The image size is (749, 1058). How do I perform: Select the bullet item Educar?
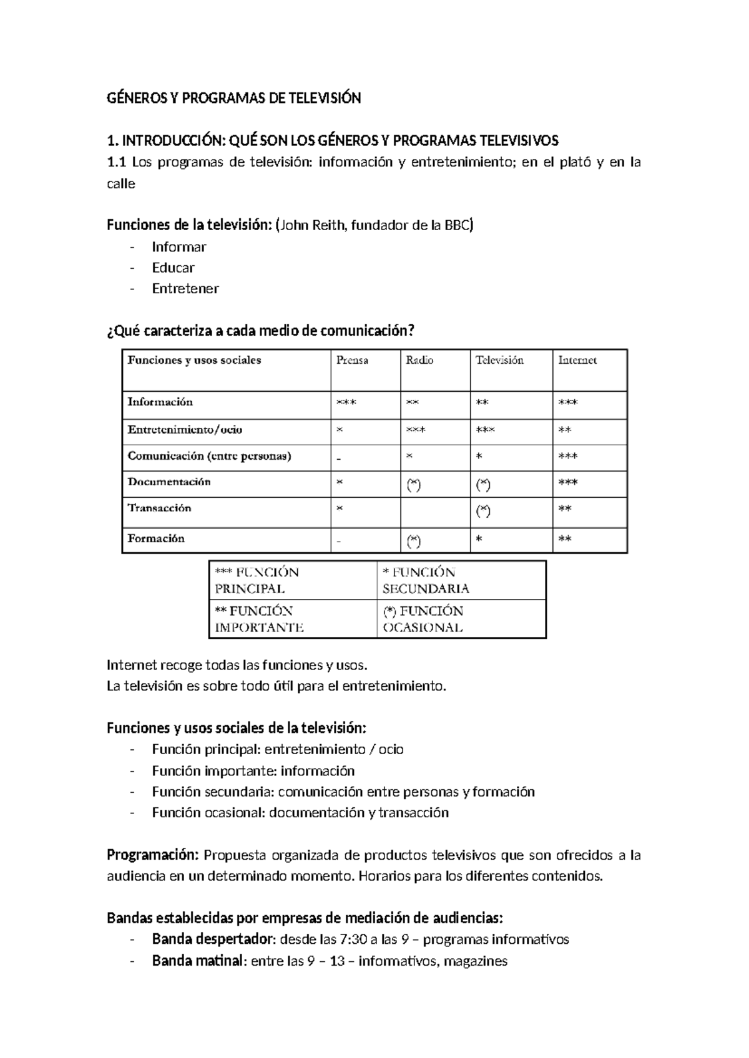(x=173, y=268)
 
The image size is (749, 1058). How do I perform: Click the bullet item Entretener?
(x=185, y=289)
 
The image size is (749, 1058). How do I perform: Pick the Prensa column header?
(x=352, y=361)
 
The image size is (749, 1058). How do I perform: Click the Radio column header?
(x=419, y=361)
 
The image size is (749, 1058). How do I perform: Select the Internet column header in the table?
(x=577, y=361)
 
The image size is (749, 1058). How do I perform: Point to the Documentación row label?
(x=169, y=482)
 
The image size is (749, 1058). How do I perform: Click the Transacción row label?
(x=159, y=508)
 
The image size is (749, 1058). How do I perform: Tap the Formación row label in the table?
(x=156, y=538)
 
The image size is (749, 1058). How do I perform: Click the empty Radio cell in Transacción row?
(x=434, y=512)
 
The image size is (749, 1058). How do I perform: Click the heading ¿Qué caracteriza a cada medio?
(x=260, y=331)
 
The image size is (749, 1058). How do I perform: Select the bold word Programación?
(x=153, y=855)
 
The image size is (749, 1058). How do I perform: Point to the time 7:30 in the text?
(x=355, y=939)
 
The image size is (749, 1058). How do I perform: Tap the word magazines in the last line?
(x=475, y=961)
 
